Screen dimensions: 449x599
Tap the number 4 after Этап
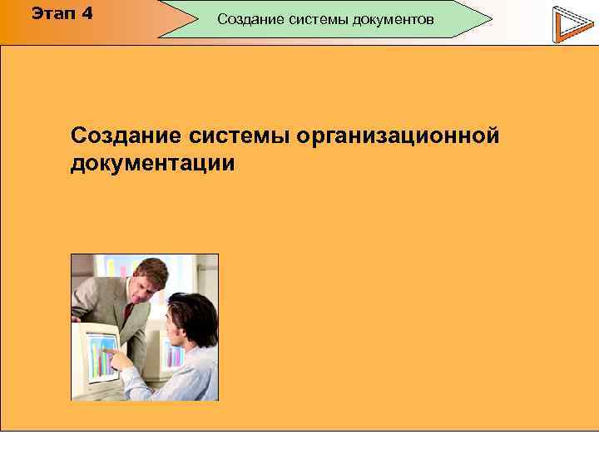pos(87,14)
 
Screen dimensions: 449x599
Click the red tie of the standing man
pos(126,314)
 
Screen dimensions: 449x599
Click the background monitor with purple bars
pos(175,353)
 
